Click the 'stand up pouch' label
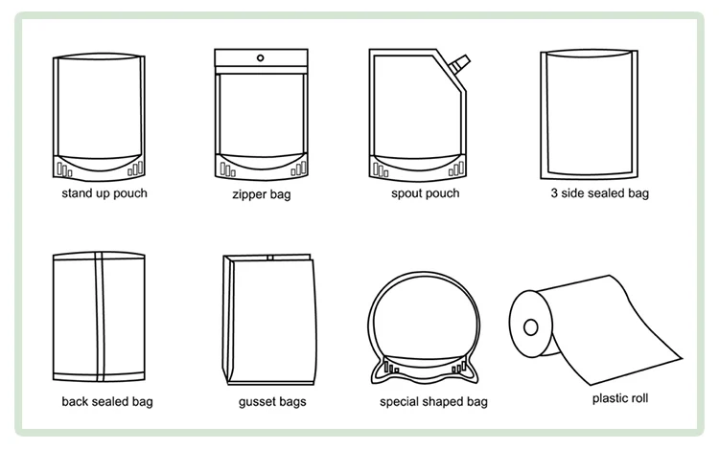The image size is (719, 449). coord(104,193)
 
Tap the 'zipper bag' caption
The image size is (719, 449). coord(262,194)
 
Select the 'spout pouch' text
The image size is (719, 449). coord(425,193)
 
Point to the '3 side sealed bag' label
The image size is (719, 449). coord(599,193)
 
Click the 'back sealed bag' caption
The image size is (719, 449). coord(106,401)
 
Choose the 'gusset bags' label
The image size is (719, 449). coord(272,401)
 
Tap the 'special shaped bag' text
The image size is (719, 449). coord(433,402)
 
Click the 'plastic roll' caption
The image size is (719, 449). coord(620,398)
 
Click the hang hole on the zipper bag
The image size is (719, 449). coord(261,58)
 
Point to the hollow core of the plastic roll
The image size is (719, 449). coord(529,326)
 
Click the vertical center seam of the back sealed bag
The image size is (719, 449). coord(99,316)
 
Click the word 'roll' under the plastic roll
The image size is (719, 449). coord(638,398)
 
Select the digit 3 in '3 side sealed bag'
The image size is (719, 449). coord(554,193)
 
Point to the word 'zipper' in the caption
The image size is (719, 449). coord(249,195)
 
